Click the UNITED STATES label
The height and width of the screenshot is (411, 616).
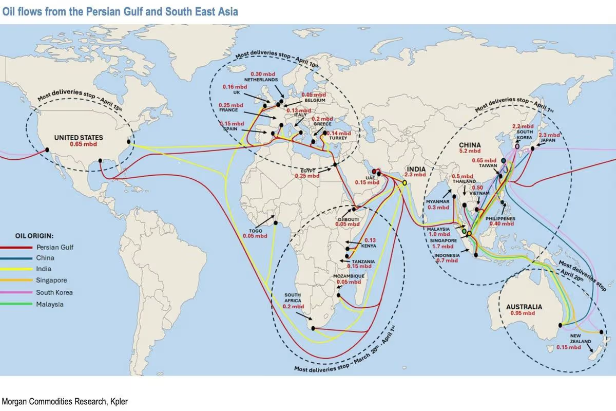click(x=79, y=138)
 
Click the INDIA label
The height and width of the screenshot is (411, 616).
click(x=416, y=168)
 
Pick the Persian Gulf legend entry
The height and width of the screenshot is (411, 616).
click(x=54, y=247)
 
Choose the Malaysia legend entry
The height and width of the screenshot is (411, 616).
click(x=50, y=304)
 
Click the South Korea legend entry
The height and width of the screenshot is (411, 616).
click(x=54, y=292)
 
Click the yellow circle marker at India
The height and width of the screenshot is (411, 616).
click(x=405, y=182)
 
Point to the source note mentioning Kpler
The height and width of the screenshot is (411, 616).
click(x=65, y=401)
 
